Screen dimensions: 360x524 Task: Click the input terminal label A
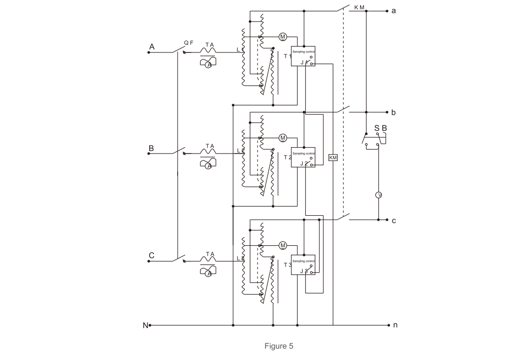point(152,47)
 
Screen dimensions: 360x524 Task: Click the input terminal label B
point(151,148)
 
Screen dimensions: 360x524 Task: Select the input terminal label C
point(152,256)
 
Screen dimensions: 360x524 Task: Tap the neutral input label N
point(145,325)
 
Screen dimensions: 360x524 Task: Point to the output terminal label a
point(393,10)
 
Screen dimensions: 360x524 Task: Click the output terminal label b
point(393,112)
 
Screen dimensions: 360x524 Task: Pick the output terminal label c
point(393,221)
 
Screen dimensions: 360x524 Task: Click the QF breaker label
point(188,43)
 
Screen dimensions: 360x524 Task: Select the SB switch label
point(381,129)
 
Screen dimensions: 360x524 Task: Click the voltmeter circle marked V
point(379,195)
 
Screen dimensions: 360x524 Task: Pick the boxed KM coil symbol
point(333,157)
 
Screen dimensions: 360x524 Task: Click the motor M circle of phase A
point(283,37)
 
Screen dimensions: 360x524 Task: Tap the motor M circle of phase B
point(283,138)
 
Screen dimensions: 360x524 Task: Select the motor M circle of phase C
point(283,245)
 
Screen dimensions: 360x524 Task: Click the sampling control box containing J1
point(303,56)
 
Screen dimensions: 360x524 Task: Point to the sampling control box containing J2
point(303,157)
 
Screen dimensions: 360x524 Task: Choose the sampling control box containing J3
point(303,265)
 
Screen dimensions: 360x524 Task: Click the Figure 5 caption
point(279,346)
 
